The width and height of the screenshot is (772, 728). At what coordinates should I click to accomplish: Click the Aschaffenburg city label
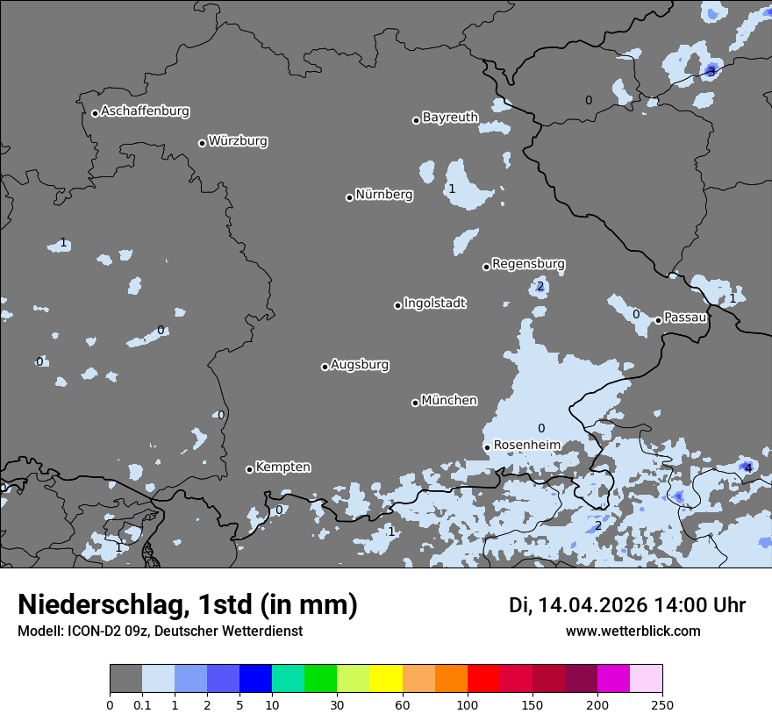[145, 111]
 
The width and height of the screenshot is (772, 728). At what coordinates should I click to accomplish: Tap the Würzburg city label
[238, 141]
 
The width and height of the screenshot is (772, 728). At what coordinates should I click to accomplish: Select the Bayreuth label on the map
[450, 118]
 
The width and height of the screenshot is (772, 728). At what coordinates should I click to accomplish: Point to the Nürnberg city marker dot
[349, 197]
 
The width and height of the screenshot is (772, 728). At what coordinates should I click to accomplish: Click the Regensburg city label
[528, 264]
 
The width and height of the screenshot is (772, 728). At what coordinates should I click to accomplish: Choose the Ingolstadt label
[434, 303]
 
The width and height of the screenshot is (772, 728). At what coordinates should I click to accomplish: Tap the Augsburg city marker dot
[325, 367]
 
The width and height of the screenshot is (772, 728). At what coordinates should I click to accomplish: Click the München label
[449, 401]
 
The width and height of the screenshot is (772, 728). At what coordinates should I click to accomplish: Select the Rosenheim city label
[526, 446]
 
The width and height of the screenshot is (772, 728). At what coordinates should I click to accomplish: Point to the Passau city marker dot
[658, 320]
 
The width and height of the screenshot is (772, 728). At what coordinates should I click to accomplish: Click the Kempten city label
[282, 467]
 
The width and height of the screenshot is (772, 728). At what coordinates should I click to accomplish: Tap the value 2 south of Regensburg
[540, 287]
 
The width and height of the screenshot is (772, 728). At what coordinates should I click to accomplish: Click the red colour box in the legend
[483, 679]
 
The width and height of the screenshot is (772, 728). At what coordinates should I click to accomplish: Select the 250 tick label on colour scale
[662, 704]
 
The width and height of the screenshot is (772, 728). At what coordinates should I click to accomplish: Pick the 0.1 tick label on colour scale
[142, 704]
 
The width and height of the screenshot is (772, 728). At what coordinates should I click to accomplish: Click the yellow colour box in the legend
[386, 679]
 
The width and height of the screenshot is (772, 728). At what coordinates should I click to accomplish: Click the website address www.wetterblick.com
[633, 632]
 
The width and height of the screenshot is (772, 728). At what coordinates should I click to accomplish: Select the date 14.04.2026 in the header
[592, 605]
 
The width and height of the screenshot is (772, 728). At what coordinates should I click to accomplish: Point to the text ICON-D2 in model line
[91, 632]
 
